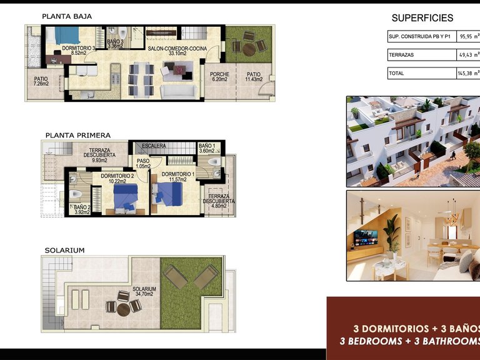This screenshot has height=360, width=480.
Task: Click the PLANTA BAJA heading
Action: [x=65, y=17]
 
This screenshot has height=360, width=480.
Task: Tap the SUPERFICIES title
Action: [x=422, y=18]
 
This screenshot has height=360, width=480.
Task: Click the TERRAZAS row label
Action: [x=401, y=55]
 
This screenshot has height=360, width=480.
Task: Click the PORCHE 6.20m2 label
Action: [x=220, y=77]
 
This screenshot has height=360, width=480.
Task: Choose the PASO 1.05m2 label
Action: [x=142, y=164]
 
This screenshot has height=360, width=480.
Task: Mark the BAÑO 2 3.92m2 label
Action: [x=82, y=209]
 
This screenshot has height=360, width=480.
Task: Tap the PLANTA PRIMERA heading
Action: [x=77, y=134]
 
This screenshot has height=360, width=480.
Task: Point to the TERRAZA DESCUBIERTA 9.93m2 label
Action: [x=100, y=155]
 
